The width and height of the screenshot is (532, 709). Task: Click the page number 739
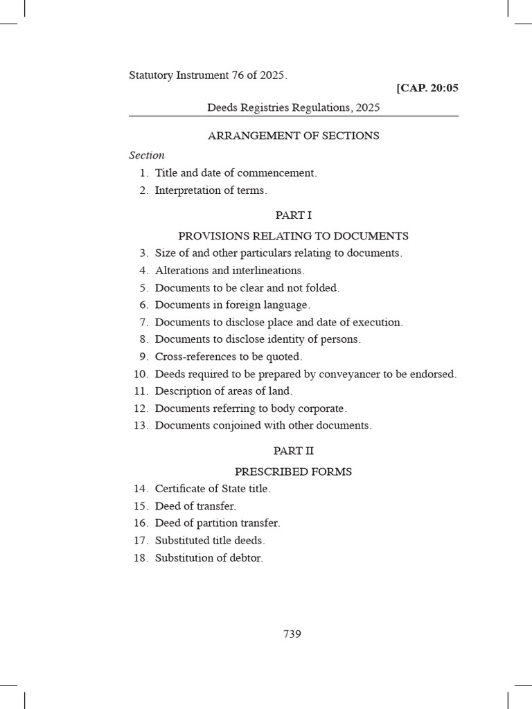pyautogui.click(x=292, y=634)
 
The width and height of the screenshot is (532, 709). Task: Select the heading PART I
pyautogui.click(x=293, y=215)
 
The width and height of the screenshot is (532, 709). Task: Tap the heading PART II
pyautogui.click(x=293, y=451)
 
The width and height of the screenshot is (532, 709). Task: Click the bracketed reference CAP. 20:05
pyautogui.click(x=427, y=88)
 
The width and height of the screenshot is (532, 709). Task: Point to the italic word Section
pyautogui.click(x=147, y=156)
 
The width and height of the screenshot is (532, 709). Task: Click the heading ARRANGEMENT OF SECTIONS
pyautogui.click(x=293, y=136)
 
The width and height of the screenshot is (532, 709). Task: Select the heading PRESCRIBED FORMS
pyautogui.click(x=293, y=472)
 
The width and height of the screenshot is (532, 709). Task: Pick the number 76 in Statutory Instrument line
pyautogui.click(x=240, y=75)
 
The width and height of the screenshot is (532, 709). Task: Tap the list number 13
pyautogui.click(x=141, y=426)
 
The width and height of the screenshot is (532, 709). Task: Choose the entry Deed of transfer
pyautogui.click(x=195, y=506)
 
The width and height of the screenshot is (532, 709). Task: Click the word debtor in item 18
pyautogui.click(x=246, y=558)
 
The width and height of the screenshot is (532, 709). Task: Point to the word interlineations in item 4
pyautogui.click(x=267, y=271)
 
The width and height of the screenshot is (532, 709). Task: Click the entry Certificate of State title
pyautogui.click(x=212, y=489)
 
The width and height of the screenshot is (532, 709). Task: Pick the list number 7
pyautogui.click(x=144, y=323)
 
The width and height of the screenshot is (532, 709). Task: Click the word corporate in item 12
pyautogui.click(x=321, y=409)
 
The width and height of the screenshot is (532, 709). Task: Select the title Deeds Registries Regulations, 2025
pyautogui.click(x=293, y=107)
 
